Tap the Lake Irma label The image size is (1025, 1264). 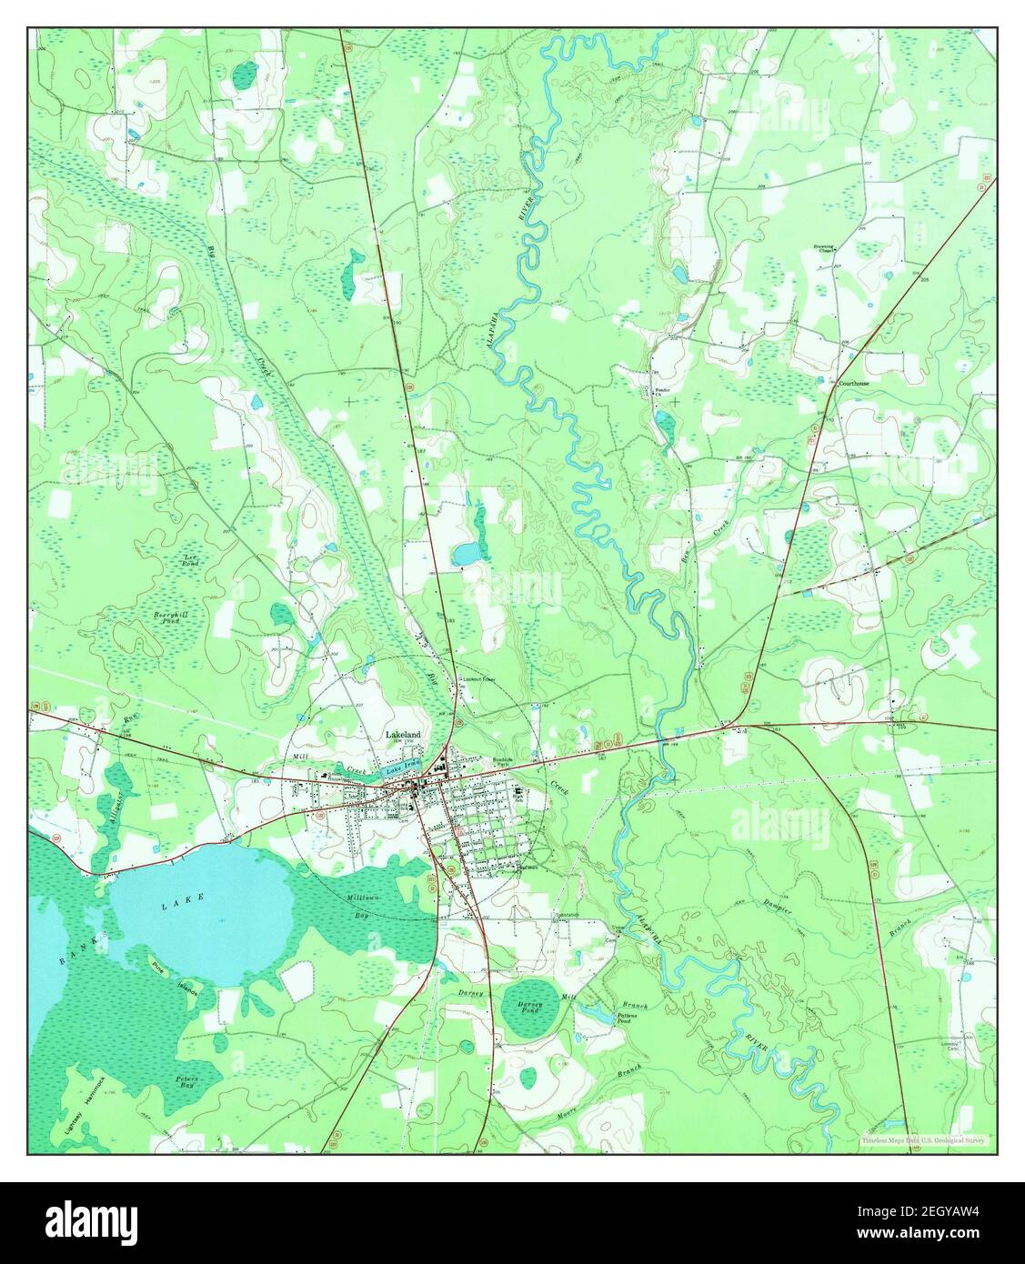pos(400,770)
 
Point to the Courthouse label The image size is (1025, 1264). pos(854,384)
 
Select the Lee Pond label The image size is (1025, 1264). pos(190,561)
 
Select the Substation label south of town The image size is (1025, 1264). pos(565,912)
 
